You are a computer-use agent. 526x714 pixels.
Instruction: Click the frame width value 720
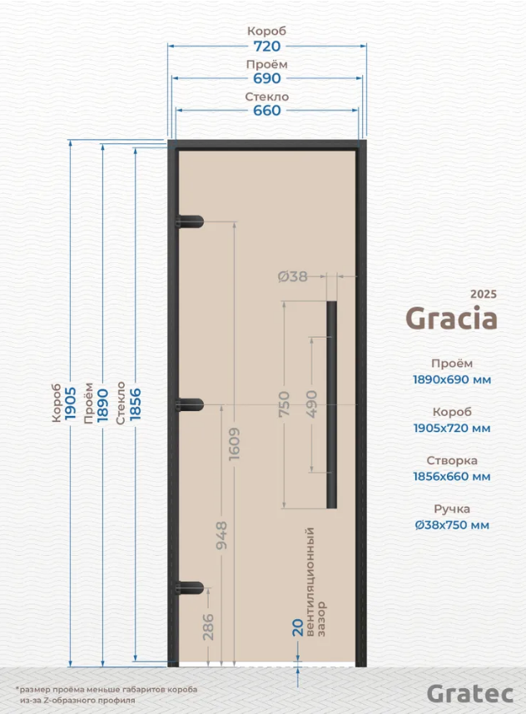point(267,46)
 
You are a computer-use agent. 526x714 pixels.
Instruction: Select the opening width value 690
point(267,78)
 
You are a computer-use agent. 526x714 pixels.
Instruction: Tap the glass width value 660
point(267,111)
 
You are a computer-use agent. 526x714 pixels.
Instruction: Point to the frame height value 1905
point(70,404)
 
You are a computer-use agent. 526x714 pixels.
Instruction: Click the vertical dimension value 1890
point(102,404)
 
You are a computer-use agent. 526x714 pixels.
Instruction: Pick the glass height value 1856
point(136,404)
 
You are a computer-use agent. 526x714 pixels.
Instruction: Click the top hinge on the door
point(189,221)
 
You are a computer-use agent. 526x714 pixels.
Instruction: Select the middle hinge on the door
point(189,404)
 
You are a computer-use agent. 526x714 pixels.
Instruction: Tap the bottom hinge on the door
point(189,588)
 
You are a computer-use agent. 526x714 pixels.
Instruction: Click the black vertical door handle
point(331,404)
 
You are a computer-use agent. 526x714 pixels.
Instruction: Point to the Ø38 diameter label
point(292,276)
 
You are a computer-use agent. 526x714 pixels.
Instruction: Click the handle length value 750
point(284,404)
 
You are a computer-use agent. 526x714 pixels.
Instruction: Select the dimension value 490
point(312,404)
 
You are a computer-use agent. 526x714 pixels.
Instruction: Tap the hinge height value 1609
point(234,444)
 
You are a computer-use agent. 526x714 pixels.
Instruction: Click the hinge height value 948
point(221,536)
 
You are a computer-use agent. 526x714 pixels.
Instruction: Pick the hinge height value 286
point(208,627)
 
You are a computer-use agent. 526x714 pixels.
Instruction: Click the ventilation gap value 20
point(298,627)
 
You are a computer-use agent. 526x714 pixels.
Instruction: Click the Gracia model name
point(451,318)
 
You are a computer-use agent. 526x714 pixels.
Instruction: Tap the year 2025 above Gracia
point(484,294)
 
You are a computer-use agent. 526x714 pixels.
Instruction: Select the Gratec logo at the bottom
point(470,693)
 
